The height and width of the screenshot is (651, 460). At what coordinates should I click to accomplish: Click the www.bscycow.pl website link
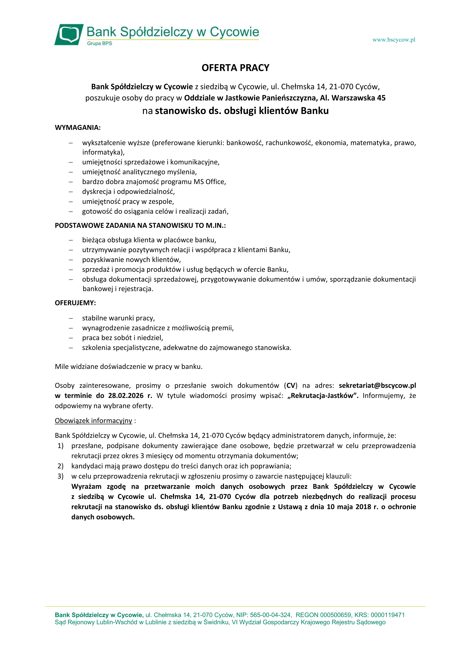[394, 40]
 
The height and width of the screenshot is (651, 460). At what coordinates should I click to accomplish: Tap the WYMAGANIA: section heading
[78, 128]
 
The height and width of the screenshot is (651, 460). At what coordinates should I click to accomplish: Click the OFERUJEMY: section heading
[75, 303]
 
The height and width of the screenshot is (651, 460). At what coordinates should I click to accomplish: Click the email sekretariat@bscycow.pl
[377, 386]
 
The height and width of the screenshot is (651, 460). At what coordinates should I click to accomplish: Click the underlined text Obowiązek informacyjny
[93, 421]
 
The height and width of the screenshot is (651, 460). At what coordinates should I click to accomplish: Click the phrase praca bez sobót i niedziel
[122, 338]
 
